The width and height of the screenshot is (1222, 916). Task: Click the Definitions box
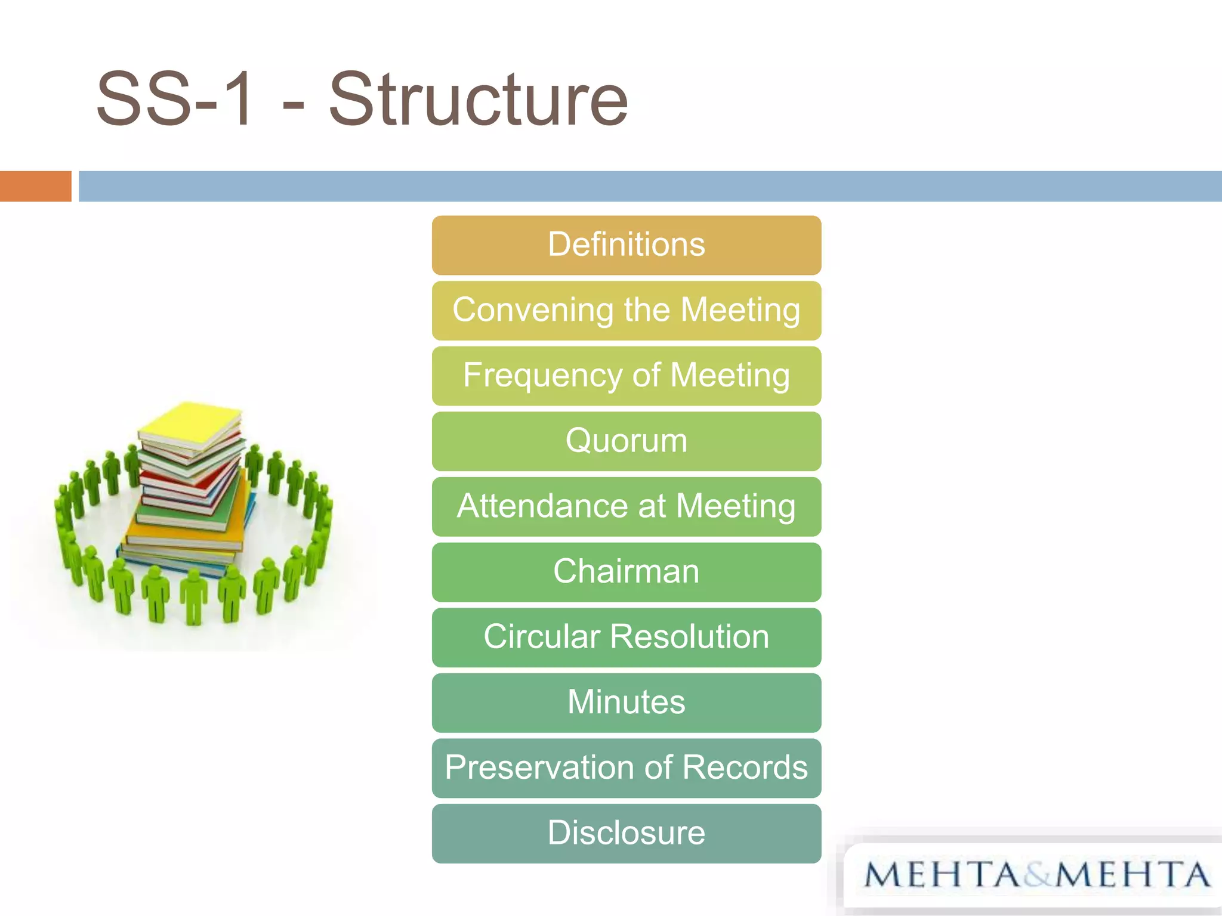click(x=627, y=245)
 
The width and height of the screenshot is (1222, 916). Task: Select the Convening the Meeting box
click(x=627, y=311)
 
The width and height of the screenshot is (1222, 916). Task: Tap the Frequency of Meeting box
click(x=627, y=376)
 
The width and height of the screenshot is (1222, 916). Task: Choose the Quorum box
click(x=627, y=441)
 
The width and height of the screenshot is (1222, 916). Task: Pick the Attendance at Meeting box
click(x=627, y=506)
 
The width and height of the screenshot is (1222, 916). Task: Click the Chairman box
click(x=627, y=572)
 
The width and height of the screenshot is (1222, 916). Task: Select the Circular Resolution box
click(x=627, y=637)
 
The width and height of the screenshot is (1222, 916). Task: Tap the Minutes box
click(x=627, y=703)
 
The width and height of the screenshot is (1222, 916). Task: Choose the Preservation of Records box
click(x=627, y=768)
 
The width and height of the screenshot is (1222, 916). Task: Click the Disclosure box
click(x=627, y=833)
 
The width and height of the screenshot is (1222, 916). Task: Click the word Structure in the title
click(x=479, y=100)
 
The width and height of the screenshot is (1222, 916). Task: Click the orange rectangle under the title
click(x=35, y=186)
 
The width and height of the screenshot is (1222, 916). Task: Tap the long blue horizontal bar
click(x=650, y=186)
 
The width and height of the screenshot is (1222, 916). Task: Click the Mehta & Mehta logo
click(x=1037, y=875)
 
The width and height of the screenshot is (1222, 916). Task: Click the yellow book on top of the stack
click(x=190, y=425)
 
